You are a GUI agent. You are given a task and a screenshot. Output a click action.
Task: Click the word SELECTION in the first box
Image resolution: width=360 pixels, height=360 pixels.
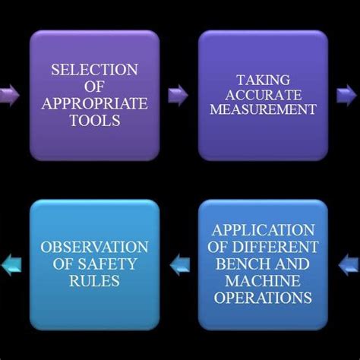95,70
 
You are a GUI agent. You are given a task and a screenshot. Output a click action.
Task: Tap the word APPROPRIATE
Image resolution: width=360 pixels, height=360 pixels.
95,104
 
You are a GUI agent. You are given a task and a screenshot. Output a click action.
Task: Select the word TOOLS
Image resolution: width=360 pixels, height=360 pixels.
95,120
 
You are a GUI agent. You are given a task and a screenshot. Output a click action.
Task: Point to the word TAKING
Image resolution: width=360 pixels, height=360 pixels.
264,78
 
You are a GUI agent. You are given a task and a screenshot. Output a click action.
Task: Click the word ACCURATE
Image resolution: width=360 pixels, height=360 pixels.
264,94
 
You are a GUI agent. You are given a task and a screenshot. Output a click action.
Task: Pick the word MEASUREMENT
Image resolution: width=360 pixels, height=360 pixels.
264,110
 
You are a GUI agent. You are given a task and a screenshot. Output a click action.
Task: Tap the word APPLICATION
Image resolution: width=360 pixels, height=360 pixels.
263,231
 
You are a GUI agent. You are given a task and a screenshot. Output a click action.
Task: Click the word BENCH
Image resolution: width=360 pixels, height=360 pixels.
242,264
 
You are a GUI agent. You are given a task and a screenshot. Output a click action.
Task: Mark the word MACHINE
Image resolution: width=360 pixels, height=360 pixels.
263,281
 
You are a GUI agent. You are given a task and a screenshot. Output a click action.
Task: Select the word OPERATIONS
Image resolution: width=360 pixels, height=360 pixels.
263,298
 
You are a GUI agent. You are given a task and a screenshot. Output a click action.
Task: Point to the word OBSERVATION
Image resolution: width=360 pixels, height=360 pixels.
95,248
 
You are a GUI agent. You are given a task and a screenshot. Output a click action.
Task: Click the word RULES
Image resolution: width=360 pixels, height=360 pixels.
95,281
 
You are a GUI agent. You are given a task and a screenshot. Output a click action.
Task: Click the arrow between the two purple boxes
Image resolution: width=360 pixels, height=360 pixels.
178,95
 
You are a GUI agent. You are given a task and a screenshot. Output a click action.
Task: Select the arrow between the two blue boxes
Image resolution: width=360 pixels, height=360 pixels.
179,264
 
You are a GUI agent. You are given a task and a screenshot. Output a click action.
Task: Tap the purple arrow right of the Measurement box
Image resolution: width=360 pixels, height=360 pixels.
348,95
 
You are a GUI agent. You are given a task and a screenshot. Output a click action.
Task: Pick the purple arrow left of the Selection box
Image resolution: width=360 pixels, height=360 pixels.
9,95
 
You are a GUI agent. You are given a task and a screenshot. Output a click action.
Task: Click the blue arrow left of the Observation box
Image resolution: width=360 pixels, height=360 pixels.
9,264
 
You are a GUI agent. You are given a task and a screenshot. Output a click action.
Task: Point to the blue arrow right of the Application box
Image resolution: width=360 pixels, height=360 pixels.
349,264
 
